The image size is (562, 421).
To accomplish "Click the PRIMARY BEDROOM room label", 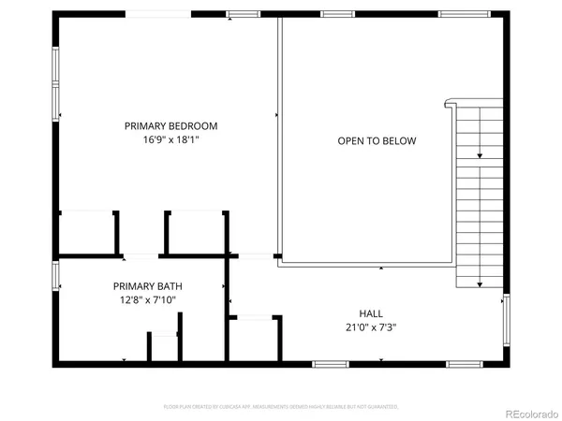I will tap(171, 125).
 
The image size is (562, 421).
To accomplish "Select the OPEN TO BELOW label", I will tap(377, 141).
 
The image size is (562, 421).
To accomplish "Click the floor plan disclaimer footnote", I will tap(281, 407).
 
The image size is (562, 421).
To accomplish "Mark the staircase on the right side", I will tap(480, 196).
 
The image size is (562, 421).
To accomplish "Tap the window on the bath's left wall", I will tap(56, 277).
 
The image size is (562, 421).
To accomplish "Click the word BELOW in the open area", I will tap(399, 141).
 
